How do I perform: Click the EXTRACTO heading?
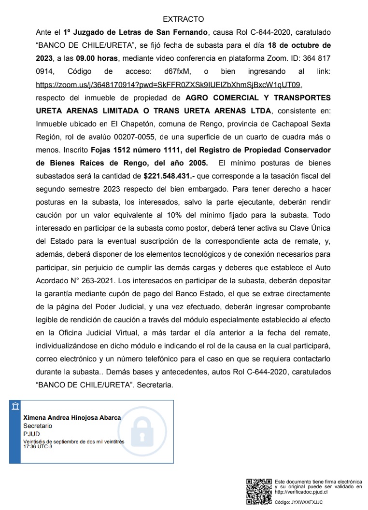[x=184, y=19]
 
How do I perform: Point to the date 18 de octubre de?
[x=299, y=46]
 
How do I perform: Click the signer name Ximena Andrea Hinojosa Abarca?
[x=72, y=418]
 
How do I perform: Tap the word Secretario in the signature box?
[x=38, y=426]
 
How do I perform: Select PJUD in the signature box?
[x=31, y=434]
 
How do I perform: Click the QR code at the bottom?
[x=259, y=491]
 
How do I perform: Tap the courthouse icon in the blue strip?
[x=15, y=406]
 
